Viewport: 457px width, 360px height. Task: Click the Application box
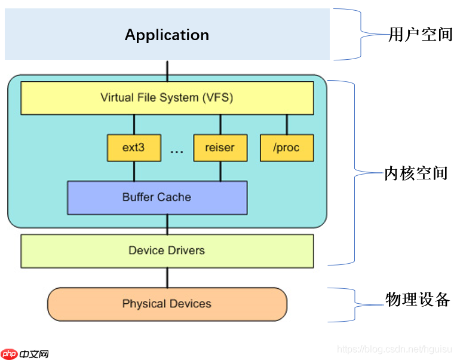(167, 35)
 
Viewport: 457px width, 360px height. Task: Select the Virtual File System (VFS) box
(167, 97)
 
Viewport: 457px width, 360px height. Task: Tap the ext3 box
(134, 148)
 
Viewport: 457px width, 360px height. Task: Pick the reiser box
(220, 148)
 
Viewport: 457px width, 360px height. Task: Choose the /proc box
(287, 148)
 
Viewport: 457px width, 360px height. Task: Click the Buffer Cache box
(157, 197)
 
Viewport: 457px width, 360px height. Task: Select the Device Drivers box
(167, 251)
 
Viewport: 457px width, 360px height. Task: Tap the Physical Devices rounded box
(167, 304)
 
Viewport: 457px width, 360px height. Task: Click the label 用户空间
(421, 35)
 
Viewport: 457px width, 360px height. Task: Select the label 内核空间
(416, 174)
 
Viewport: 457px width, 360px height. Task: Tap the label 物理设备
(417, 300)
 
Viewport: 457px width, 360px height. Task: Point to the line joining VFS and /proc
(287, 124)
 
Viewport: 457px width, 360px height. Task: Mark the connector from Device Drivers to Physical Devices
(167, 277)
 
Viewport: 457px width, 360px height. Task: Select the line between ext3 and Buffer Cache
(134, 172)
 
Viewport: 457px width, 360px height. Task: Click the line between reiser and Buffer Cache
(220, 172)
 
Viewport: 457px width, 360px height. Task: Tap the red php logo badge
(9, 353)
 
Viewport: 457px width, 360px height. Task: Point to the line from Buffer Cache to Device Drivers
(167, 224)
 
